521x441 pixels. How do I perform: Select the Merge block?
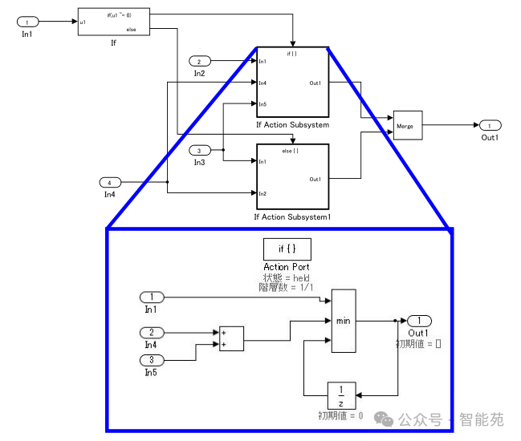(x=407, y=125)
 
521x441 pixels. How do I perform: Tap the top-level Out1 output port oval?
(x=489, y=125)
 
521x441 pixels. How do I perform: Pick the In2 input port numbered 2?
(x=200, y=61)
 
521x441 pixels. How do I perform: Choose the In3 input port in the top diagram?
(x=200, y=150)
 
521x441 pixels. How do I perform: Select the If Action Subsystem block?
(x=292, y=83)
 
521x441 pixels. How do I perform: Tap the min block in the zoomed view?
(x=344, y=321)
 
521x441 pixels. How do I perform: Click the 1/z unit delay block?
(x=342, y=395)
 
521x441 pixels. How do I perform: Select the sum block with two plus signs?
(x=230, y=338)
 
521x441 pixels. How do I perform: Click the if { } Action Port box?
(x=287, y=249)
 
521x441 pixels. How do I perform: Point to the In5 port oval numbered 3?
(x=152, y=359)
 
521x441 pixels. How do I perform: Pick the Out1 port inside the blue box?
(x=419, y=321)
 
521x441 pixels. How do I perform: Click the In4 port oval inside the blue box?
(x=152, y=332)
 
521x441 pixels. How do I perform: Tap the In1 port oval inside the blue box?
(x=152, y=297)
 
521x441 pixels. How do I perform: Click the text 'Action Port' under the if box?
(x=287, y=267)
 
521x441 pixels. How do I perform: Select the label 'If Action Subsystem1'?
(x=292, y=217)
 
